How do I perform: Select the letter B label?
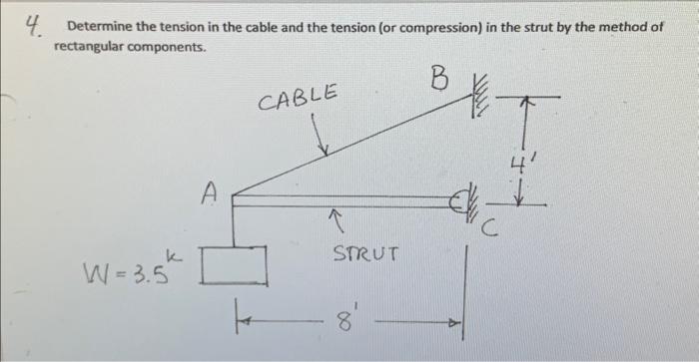click(x=437, y=77)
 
